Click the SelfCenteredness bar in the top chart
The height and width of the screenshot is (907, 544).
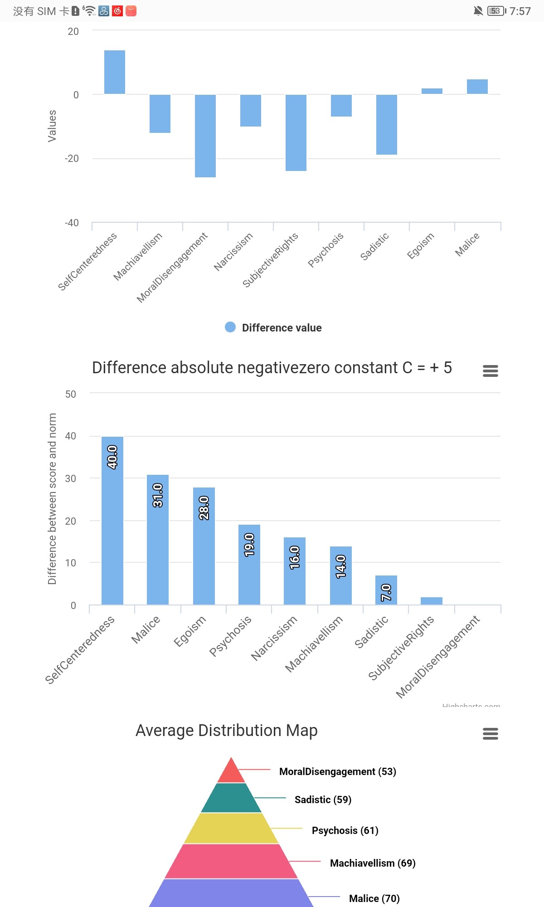click(115, 72)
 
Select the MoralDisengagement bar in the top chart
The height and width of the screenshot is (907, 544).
click(205, 136)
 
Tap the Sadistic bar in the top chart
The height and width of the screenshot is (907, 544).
click(387, 124)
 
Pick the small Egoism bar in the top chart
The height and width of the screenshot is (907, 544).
click(432, 91)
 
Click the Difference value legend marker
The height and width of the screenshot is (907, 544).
click(230, 327)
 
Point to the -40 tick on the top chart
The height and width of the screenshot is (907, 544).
click(72, 223)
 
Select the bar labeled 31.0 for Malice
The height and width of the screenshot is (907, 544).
click(158, 539)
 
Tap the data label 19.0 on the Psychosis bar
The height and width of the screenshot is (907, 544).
click(249, 545)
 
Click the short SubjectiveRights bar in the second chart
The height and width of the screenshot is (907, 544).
click(432, 601)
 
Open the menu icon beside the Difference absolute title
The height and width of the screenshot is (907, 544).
click(491, 371)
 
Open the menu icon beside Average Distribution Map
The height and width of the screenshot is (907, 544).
click(491, 733)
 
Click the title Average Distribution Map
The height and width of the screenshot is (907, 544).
click(227, 731)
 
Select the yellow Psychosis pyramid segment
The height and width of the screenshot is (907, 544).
click(231, 828)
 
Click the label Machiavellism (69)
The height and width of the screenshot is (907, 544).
click(373, 863)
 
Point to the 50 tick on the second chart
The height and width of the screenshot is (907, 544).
click(71, 394)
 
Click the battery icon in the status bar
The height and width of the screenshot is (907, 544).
click(496, 11)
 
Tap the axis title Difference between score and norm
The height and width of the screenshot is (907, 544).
click(52, 498)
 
